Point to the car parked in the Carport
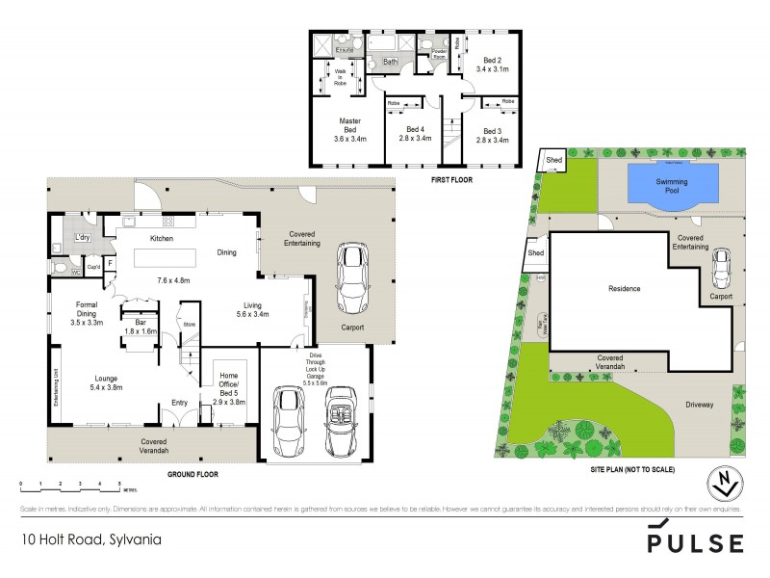353,279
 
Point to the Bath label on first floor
391,62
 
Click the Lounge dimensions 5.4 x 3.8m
106,387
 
